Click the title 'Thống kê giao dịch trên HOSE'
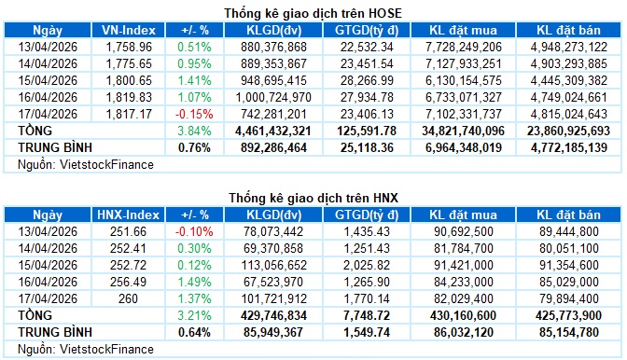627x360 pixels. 313,12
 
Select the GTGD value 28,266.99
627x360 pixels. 372,79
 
